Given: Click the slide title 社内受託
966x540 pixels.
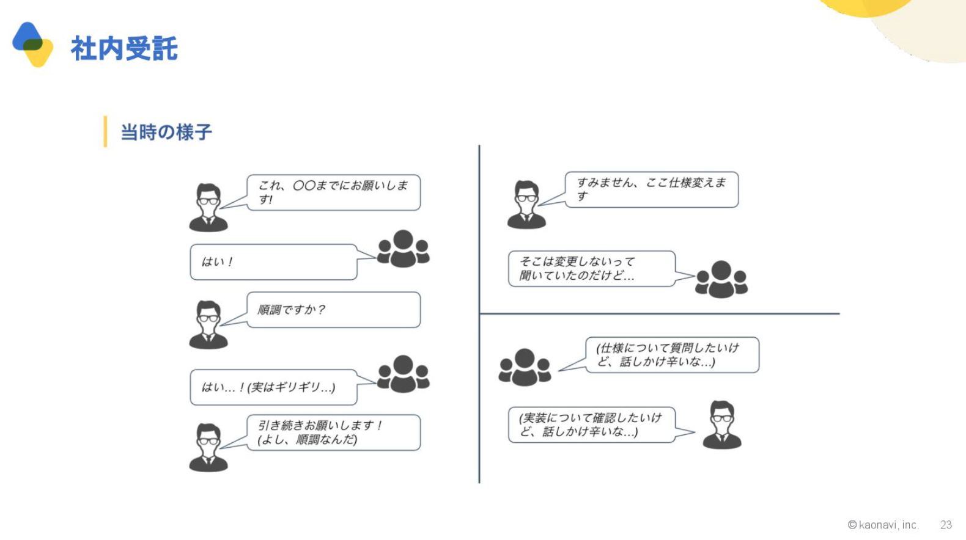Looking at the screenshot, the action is click(x=124, y=48).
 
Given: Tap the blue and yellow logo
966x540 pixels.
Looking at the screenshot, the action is click(x=33, y=45).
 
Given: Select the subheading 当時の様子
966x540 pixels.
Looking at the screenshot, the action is click(x=166, y=132).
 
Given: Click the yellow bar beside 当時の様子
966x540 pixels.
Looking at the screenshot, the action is click(x=105, y=131).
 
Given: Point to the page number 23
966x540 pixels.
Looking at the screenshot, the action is click(x=946, y=525).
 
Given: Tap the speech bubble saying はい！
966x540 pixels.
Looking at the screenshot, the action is click(x=273, y=262).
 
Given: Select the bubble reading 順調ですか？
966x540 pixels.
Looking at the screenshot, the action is click(x=333, y=310).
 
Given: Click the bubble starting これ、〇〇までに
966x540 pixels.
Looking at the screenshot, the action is click(x=333, y=192).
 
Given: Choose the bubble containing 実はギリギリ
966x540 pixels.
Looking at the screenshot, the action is click(x=273, y=387).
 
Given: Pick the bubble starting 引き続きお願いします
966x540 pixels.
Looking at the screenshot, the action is click(x=333, y=432).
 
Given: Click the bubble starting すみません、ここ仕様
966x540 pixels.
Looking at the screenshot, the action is click(x=652, y=189).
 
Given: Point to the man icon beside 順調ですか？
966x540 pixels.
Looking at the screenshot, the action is click(x=208, y=324).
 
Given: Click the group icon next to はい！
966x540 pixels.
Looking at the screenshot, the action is click(x=404, y=249).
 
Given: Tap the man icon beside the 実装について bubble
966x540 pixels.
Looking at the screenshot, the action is click(x=722, y=425).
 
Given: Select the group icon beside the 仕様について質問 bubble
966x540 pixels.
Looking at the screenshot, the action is click(x=525, y=367).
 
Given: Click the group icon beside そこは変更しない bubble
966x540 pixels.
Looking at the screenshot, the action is click(x=721, y=279).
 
